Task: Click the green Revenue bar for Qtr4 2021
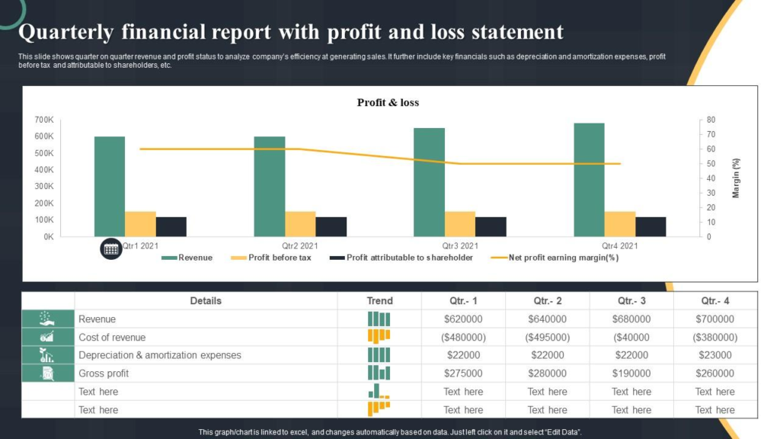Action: click(x=589, y=179)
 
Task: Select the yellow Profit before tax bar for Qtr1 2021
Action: click(x=140, y=223)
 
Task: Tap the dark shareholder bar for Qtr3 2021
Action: click(x=491, y=226)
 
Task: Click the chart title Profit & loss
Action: click(x=388, y=102)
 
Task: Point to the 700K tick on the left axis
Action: click(x=44, y=120)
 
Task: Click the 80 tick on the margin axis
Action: click(x=711, y=120)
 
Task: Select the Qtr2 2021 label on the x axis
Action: click(x=300, y=246)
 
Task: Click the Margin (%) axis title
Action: click(x=736, y=178)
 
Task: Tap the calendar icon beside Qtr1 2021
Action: click(x=110, y=248)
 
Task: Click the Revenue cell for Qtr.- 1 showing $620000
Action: click(x=463, y=319)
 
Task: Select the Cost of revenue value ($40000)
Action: click(x=631, y=337)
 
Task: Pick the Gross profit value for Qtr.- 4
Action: click(x=714, y=373)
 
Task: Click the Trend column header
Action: click(x=379, y=301)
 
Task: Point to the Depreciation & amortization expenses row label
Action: click(x=160, y=355)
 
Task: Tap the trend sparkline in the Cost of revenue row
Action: click(x=379, y=336)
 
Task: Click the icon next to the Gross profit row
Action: click(x=47, y=373)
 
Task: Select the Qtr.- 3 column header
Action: click(x=631, y=301)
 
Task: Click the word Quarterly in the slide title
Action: click(x=65, y=32)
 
